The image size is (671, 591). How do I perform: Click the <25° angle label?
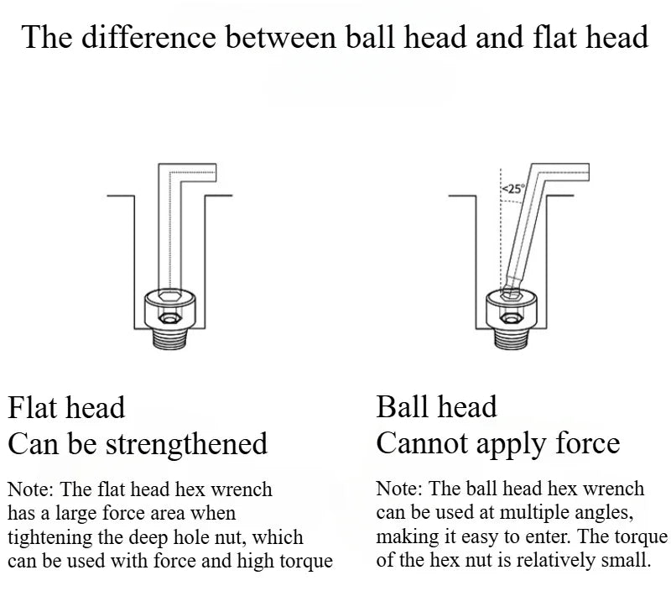click(x=512, y=188)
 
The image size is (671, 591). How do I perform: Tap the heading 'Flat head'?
click(x=66, y=407)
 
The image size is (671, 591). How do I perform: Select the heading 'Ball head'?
click(x=436, y=406)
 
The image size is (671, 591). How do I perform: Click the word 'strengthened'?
click(x=186, y=445)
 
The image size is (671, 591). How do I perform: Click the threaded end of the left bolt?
click(x=170, y=338)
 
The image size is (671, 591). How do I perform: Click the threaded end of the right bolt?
click(x=512, y=338)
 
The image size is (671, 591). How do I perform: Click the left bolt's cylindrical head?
click(x=170, y=309)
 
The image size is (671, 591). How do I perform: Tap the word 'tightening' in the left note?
click(x=49, y=538)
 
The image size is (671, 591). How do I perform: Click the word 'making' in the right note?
click(x=403, y=536)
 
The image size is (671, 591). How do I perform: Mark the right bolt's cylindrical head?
click(x=512, y=309)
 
